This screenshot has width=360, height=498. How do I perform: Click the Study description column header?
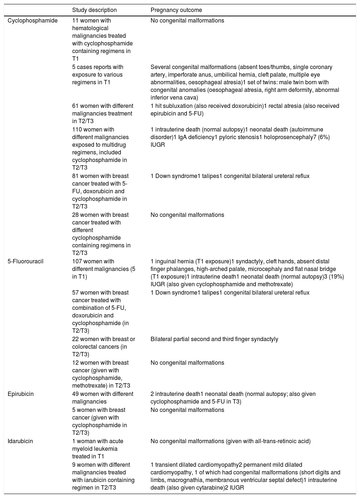pos(94,10)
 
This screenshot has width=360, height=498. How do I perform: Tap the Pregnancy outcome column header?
pos(176,10)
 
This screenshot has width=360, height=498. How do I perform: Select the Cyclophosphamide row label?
pos(33,21)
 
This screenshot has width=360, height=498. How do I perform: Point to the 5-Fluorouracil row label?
pos(25,262)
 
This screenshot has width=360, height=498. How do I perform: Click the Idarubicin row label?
pos(20,441)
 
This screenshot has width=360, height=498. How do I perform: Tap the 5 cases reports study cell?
pos(98,74)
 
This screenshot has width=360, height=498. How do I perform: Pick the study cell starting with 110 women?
pos(100,149)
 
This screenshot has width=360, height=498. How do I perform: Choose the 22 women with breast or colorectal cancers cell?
pos(103,347)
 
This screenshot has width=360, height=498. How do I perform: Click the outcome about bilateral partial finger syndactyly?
pos(214,339)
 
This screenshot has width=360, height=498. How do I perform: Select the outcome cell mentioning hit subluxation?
pos(245,110)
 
